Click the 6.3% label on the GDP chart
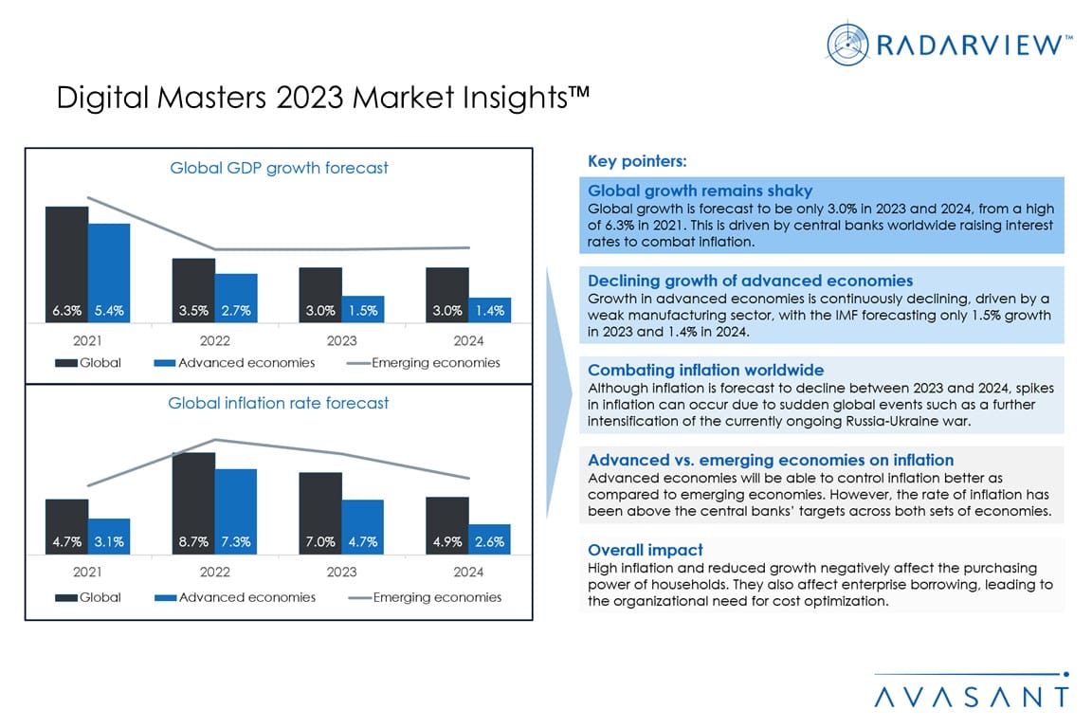66,310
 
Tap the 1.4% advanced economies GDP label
490,310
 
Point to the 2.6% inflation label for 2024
490,542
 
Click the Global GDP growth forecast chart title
279,168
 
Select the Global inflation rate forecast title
279,403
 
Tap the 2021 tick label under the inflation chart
88,572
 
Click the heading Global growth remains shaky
700,191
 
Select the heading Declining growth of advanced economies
750,281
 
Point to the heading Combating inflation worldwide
705,370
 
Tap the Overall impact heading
645,550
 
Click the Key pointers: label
637,160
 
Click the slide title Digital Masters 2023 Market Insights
323,99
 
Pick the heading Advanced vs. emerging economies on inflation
771,460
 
